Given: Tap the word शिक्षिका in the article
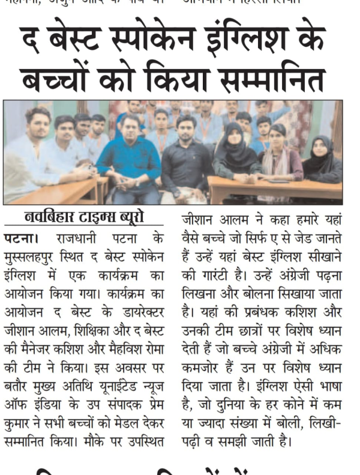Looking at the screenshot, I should click(x=105, y=330).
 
